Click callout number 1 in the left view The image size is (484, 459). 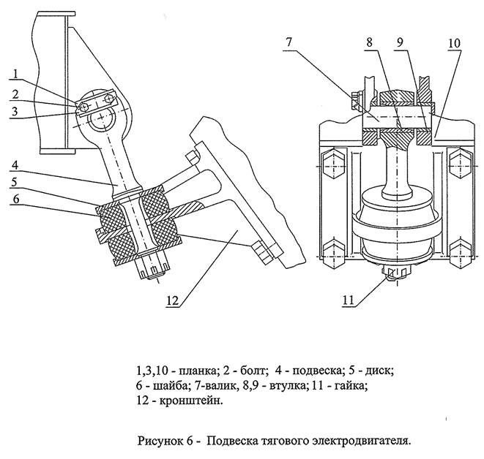[15, 74]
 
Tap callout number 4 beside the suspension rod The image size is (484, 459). [15, 165]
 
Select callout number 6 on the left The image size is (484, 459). [15, 199]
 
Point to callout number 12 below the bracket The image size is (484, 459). [173, 300]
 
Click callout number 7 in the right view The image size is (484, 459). [288, 42]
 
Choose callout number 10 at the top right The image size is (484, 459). [454, 43]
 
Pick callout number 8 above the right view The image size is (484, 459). [370, 42]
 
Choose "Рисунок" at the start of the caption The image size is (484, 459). [160, 441]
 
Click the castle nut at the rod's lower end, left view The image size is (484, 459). [153, 266]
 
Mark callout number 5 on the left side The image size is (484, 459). [15, 182]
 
